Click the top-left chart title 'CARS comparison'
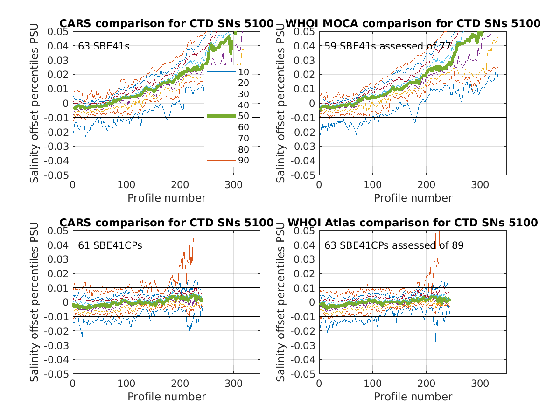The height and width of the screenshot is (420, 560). pos(166,23)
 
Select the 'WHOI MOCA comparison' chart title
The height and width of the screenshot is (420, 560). pos(413,23)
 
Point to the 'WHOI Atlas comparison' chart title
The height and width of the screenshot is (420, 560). pos(413,223)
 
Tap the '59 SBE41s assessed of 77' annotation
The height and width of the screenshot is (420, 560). pos(388,46)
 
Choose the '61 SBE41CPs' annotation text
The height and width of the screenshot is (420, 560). pos(106,245)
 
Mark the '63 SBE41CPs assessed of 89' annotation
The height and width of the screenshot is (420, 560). pos(394,245)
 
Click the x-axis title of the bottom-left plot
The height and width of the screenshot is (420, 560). pos(167,397)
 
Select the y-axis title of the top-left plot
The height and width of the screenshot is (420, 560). pos(35,103)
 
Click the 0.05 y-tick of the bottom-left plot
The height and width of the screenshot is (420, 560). pos(59,231)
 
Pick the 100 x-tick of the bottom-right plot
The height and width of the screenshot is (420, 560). pos(372,384)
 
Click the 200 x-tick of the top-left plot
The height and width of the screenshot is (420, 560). pos(180,184)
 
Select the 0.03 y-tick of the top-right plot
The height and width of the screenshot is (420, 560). pos(306,60)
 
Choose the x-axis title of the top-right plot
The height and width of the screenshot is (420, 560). pos(413,198)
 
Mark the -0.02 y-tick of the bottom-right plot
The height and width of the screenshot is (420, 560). pos(304,331)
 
